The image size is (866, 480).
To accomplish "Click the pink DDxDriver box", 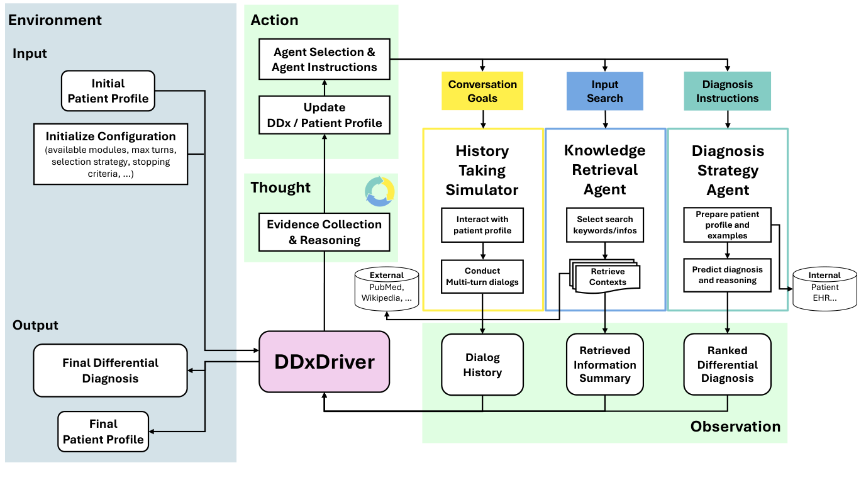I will (324, 362).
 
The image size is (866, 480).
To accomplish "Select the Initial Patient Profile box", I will (108, 91).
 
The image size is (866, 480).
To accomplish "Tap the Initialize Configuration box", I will (111, 153).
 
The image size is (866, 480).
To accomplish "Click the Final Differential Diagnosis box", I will (110, 371).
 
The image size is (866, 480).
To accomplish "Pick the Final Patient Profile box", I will (103, 432).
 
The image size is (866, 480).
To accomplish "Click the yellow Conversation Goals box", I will (482, 91).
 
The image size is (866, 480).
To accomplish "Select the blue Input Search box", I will (604, 91).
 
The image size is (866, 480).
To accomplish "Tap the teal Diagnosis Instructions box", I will (727, 91).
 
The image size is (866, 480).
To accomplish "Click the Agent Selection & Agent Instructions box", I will (325, 60).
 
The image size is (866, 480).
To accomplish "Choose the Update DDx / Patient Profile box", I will (325, 115).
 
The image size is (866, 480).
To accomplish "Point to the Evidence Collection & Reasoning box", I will (325, 232).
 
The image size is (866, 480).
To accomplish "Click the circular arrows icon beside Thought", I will (380, 191).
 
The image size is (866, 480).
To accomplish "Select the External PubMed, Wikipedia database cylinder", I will (387, 288).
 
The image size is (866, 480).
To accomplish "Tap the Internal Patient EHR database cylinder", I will (824, 288).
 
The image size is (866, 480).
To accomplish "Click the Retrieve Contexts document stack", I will (605, 276).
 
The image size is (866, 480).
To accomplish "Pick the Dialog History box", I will (482, 365).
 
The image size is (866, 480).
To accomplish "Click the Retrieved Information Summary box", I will (604, 365).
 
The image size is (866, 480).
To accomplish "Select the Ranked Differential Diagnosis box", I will (727, 365).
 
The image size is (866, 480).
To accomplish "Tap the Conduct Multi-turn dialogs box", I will (482, 276).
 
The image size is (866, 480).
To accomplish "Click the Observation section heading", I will (735, 427).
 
